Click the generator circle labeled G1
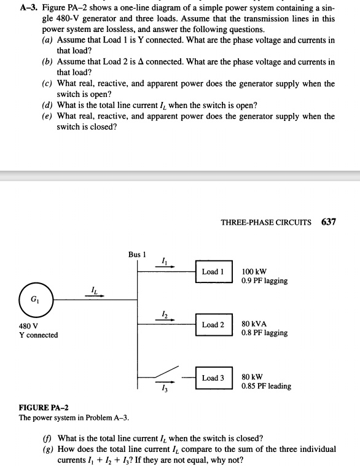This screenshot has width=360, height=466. tap(36, 299)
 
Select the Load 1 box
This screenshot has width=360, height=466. tap(213, 271)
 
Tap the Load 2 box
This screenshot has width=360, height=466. tap(213, 325)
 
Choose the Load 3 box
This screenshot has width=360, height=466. tap(213, 378)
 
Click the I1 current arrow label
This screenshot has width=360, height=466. tap(163, 260)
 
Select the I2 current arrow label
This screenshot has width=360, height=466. tap(163, 313)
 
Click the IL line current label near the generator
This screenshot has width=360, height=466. tap(93, 290)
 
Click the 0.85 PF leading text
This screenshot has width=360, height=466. tap(266, 386)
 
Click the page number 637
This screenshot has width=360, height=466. tap(328, 222)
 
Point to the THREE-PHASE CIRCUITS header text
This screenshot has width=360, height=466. tap(265, 222)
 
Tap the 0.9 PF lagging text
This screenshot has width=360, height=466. tap(264, 281)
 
